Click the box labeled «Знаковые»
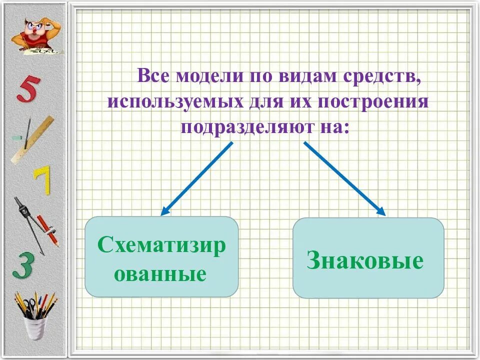(368, 257)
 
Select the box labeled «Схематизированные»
(161, 257)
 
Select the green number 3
(23, 265)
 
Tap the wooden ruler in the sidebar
(32, 140)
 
